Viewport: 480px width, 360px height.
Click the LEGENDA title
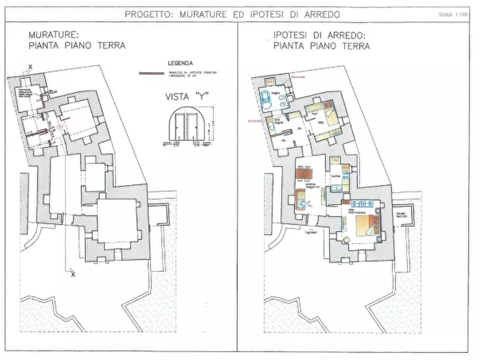click(x=180, y=63)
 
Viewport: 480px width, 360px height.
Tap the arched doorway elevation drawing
click(x=184, y=127)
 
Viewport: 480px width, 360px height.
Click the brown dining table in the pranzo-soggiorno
click(x=303, y=174)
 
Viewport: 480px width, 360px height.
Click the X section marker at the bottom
click(x=72, y=275)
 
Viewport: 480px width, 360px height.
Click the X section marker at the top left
click(x=30, y=66)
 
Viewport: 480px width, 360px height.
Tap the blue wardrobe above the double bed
click(x=364, y=204)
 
